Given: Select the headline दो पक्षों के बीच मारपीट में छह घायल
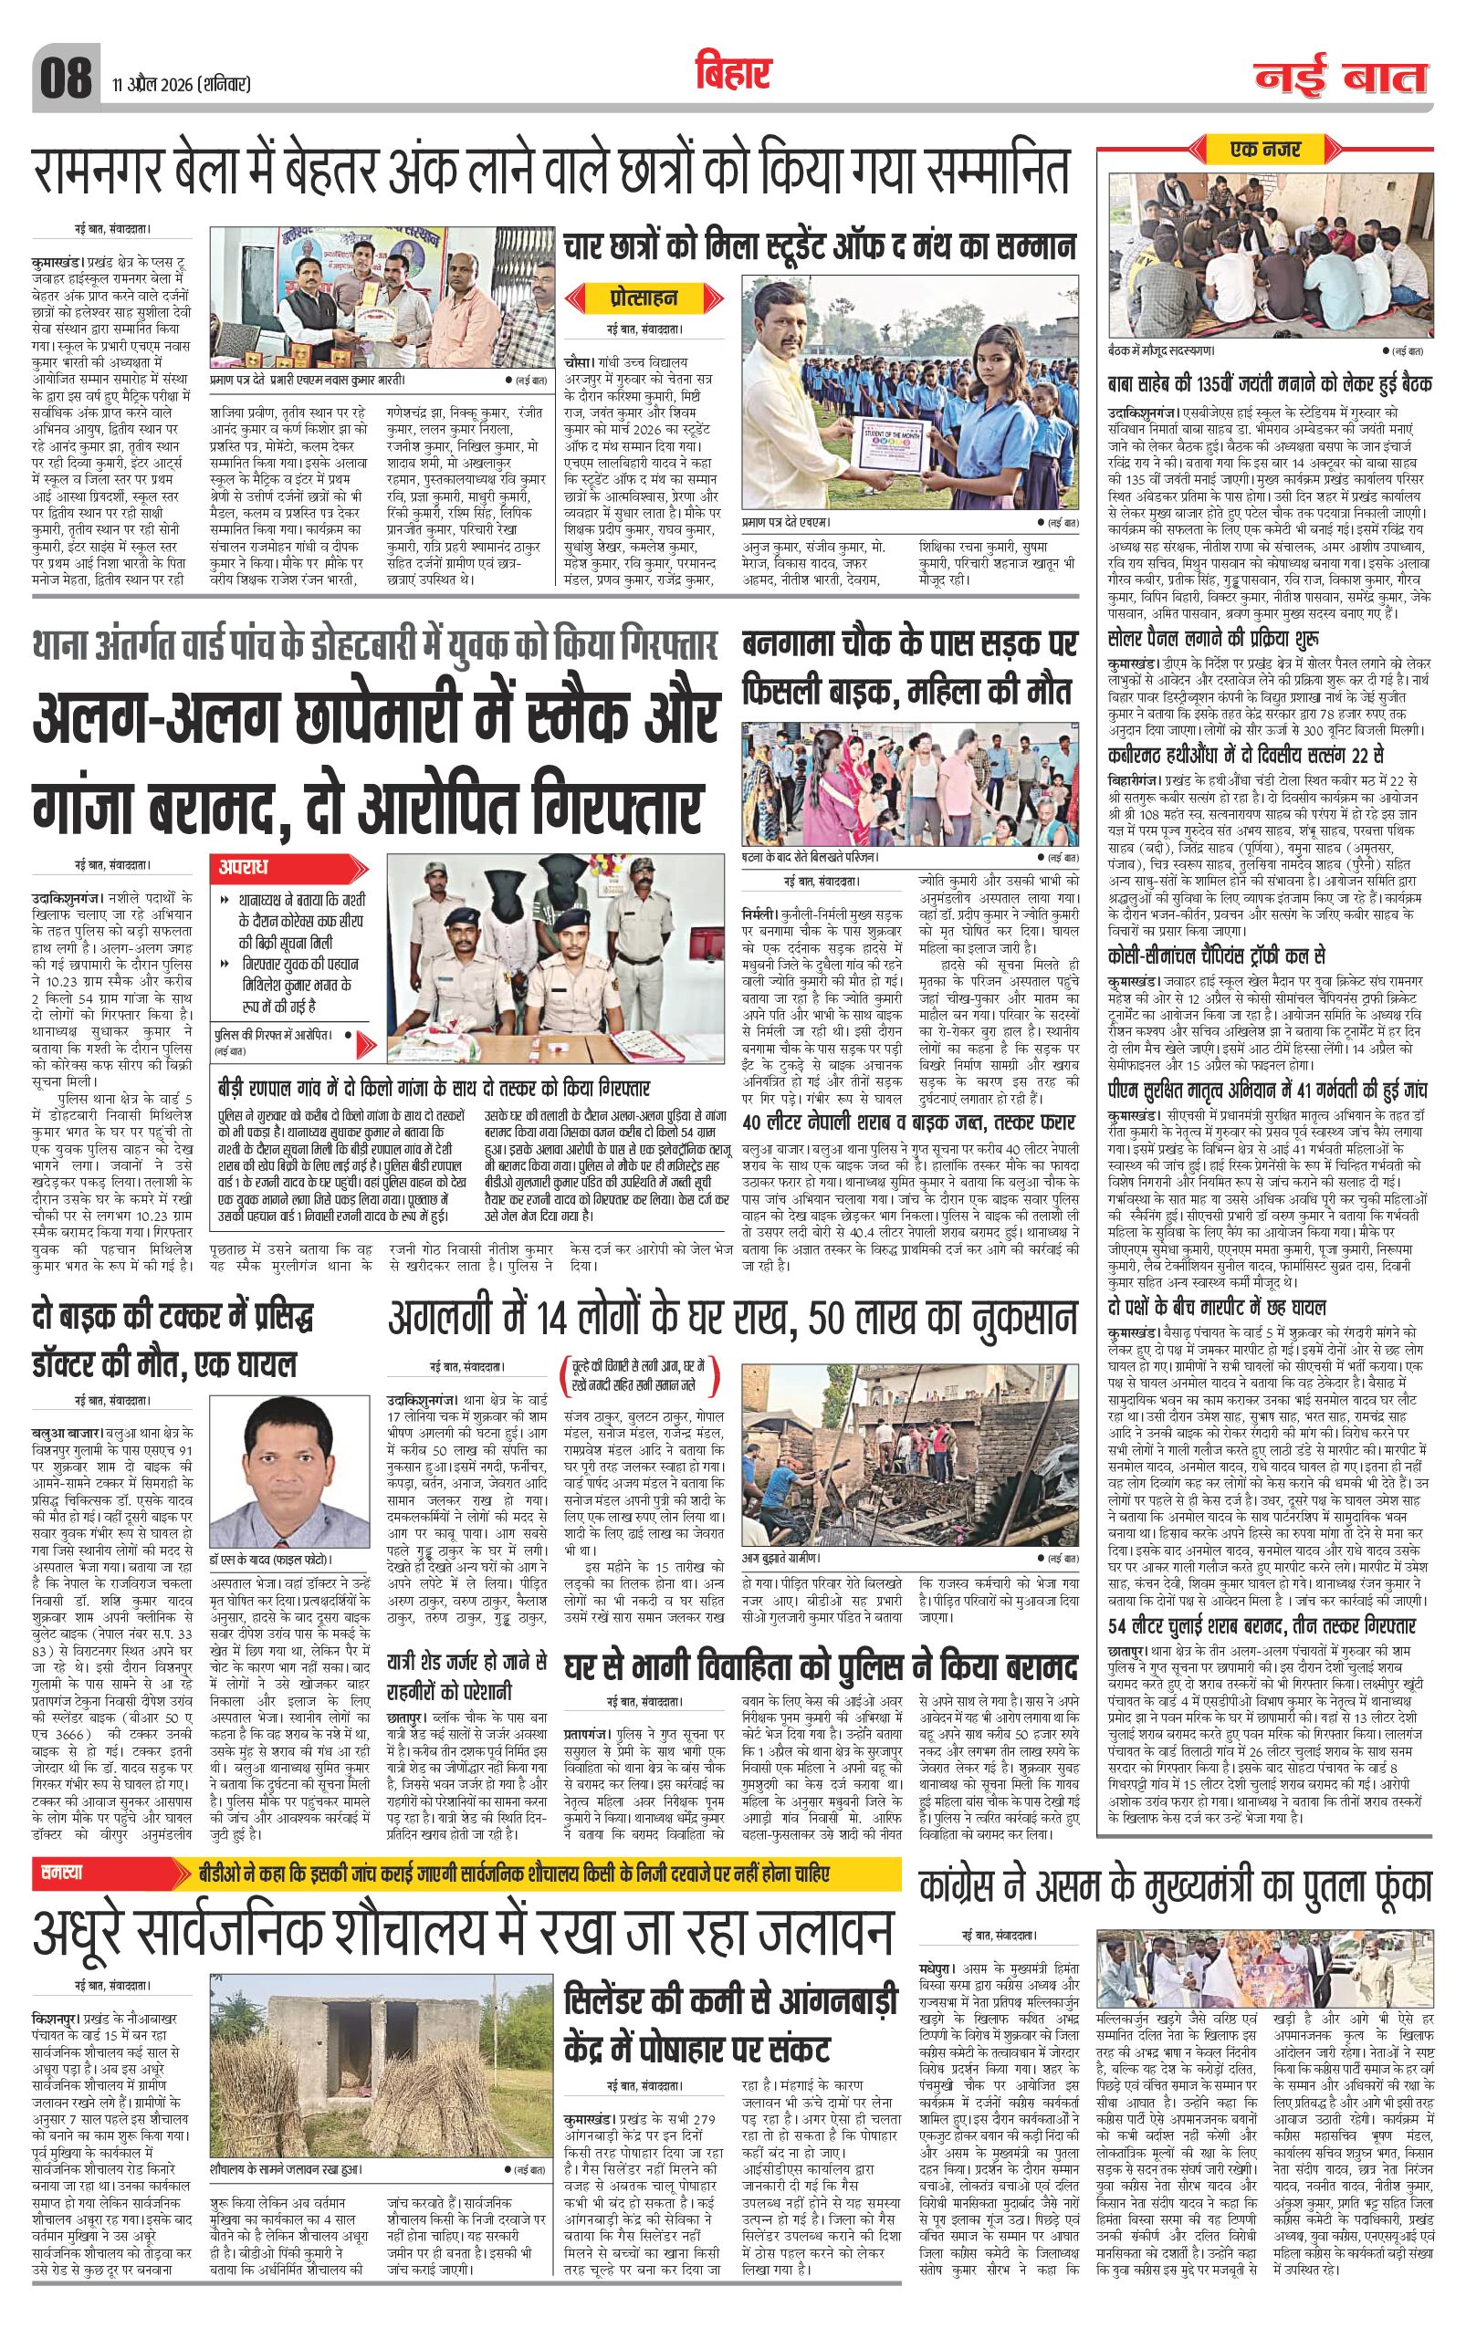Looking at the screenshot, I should (1216, 1309).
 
